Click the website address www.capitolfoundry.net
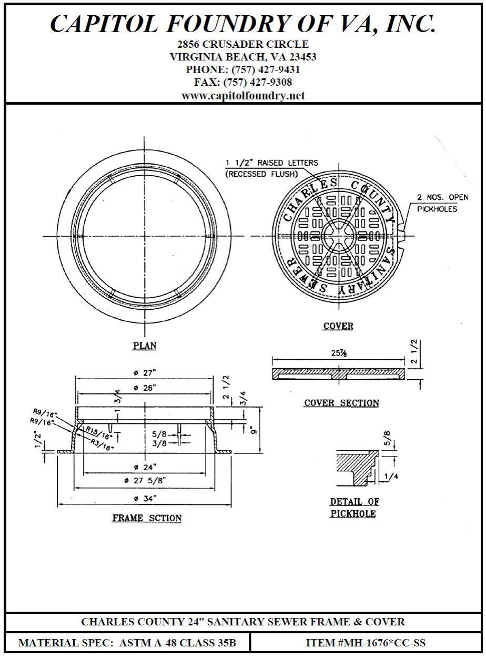click(x=243, y=96)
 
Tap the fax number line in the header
click(x=243, y=83)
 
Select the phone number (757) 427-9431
click(x=243, y=69)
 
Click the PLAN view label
click(x=144, y=346)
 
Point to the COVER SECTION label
click(x=341, y=403)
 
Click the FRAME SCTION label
click(x=147, y=519)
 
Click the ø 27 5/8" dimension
click(x=145, y=481)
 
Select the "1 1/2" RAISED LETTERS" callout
click(x=272, y=163)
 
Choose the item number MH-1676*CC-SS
click(x=366, y=643)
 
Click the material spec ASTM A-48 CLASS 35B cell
click(x=127, y=643)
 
